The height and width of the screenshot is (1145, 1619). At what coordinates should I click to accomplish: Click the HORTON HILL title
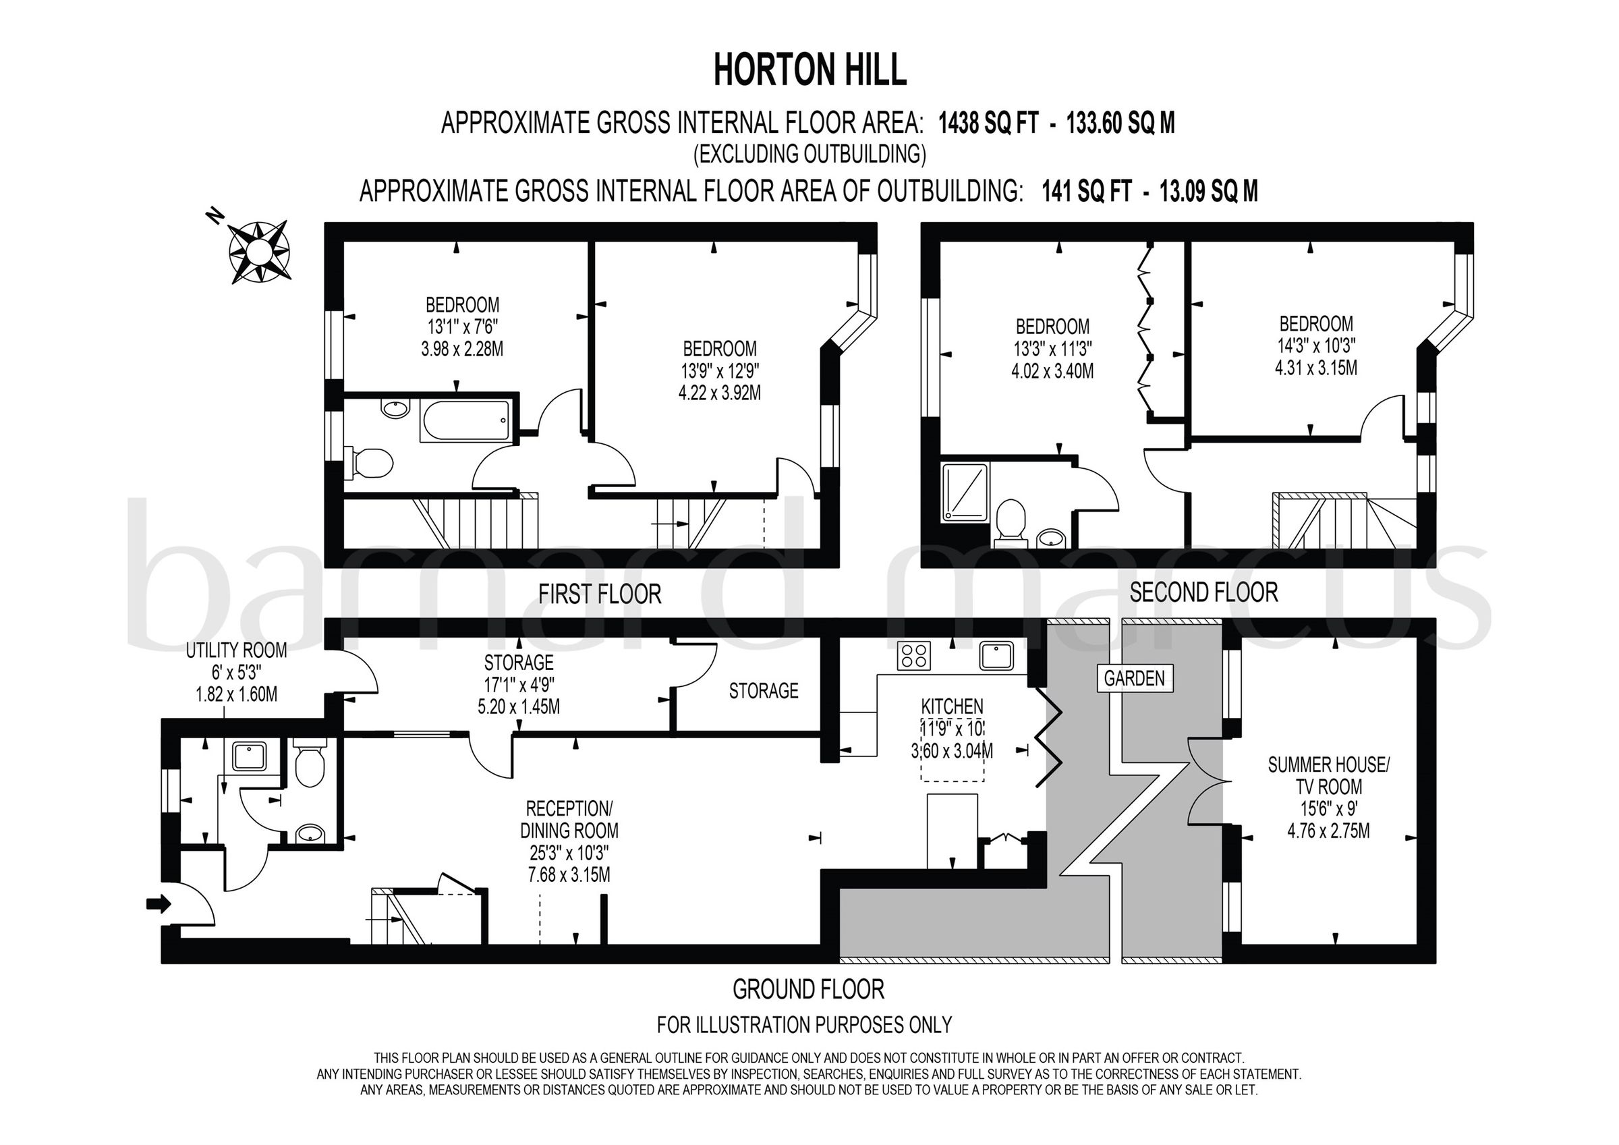coord(809,72)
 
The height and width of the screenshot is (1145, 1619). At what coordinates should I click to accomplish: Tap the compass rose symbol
coord(259,250)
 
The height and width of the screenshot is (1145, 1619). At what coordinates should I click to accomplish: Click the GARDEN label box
coord(1134,679)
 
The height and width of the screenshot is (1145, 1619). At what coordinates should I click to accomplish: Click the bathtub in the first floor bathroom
coord(465,422)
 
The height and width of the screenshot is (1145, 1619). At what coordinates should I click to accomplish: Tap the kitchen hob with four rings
coord(914,655)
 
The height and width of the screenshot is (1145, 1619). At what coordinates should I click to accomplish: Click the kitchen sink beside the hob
coord(996,655)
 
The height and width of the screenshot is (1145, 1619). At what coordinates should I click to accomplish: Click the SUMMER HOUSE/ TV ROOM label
coord(1328,775)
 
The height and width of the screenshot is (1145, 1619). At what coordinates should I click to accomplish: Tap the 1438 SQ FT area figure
coord(987,123)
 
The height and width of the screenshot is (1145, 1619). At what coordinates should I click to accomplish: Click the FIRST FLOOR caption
coord(600,594)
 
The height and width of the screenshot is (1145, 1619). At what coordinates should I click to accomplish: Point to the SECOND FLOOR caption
coord(1203,592)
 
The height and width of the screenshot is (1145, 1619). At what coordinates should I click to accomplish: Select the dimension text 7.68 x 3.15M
coord(569,875)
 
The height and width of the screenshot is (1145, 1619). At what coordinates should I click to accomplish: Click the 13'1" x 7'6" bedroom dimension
coord(462,327)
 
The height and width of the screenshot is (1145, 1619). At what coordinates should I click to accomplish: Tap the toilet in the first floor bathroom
coord(371,463)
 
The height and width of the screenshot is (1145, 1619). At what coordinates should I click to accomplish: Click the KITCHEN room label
coord(951,706)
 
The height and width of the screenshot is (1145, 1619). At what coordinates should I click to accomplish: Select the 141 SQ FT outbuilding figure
coord(1087,191)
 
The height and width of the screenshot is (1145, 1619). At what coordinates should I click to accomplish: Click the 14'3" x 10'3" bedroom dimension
coord(1316,345)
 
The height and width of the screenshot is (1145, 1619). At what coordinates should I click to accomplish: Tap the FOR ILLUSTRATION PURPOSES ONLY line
coord(804,1024)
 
